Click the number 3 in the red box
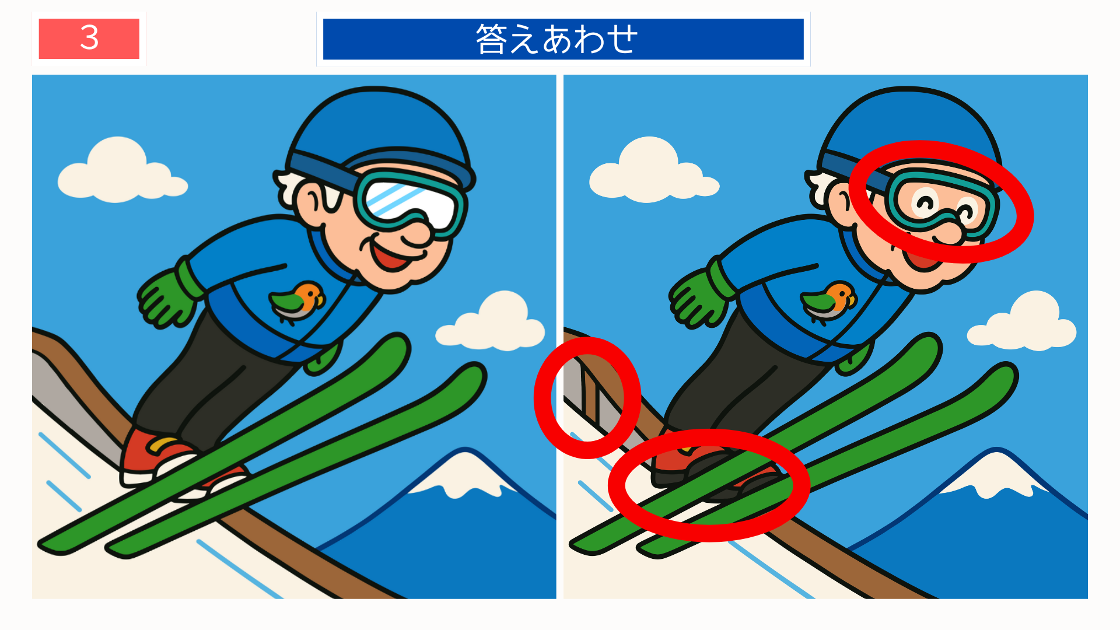(89, 38)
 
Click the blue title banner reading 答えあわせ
(563, 39)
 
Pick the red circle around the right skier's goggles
(1015, 192)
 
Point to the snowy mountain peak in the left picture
(467, 473)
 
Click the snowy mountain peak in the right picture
(998, 473)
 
